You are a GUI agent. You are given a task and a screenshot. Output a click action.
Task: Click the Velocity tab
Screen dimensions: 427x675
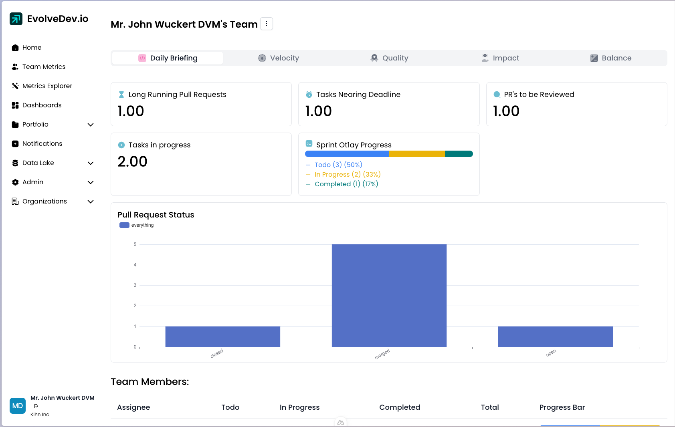click(x=279, y=58)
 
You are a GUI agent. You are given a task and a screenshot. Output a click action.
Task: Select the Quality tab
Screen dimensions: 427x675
click(x=390, y=58)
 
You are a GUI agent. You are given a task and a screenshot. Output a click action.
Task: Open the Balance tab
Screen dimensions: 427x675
click(x=611, y=58)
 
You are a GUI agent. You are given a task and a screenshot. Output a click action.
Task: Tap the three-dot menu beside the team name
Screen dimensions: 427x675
click(x=267, y=24)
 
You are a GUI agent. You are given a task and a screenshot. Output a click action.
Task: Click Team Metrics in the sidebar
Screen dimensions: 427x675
click(x=44, y=67)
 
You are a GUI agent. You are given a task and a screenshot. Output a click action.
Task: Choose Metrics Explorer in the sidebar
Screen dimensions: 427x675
click(x=47, y=86)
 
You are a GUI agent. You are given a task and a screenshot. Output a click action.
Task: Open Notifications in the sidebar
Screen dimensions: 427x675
click(x=42, y=144)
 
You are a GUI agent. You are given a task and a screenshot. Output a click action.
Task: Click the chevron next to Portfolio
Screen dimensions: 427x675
click(x=91, y=125)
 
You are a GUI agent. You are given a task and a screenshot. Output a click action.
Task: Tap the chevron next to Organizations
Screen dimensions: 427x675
click(x=91, y=201)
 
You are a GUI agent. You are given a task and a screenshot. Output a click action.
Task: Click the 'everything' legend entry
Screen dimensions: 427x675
click(x=137, y=225)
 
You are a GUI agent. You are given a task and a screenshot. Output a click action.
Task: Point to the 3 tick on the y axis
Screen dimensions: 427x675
click(x=135, y=285)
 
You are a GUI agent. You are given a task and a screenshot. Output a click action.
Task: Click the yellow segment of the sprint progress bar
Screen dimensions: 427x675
click(x=416, y=154)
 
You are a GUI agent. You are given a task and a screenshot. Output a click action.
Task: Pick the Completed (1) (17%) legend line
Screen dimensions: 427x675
click(x=346, y=184)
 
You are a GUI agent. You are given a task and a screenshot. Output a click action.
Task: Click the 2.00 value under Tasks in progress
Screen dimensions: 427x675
click(x=132, y=161)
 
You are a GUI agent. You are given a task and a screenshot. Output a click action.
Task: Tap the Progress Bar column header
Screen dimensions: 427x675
click(x=562, y=407)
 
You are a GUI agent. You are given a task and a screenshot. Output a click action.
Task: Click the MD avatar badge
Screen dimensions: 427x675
click(x=18, y=406)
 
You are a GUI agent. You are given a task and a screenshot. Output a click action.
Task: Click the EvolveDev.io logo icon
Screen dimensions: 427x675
click(x=16, y=19)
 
